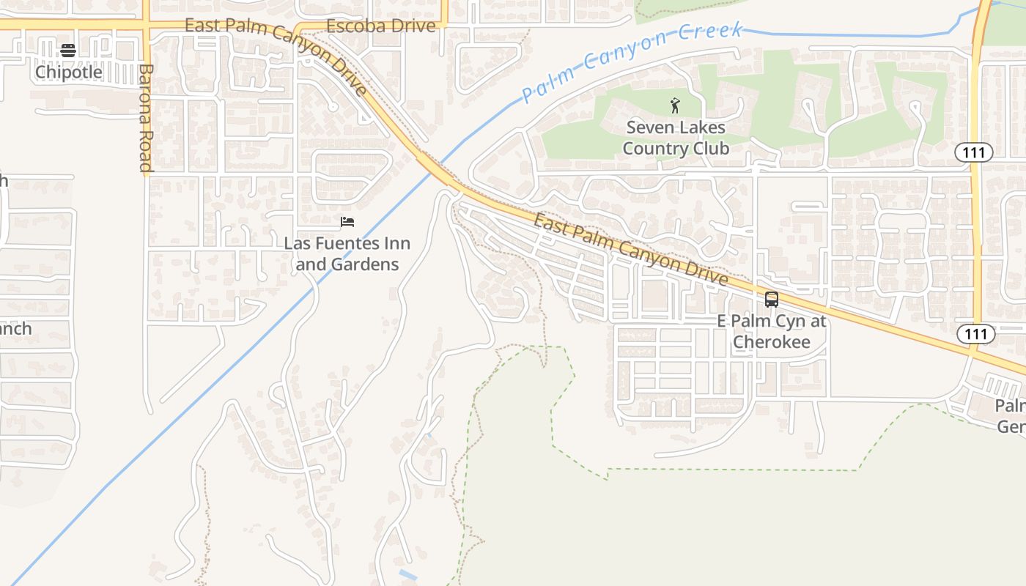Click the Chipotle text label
[68, 72]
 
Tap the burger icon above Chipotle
[68, 51]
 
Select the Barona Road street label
[145, 119]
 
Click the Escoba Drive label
[380, 26]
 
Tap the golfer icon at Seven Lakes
[675, 106]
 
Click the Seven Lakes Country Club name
[675, 138]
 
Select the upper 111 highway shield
[973, 152]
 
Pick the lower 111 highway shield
[975, 334]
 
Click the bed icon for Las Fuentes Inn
[347, 222]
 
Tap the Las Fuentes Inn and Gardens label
[347, 253]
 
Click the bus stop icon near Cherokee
[771, 299]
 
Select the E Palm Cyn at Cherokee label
[771, 331]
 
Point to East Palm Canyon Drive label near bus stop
[630, 249]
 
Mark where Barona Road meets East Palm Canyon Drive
[146, 25]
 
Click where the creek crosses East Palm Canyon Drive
[435, 170]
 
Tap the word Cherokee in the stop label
[771, 342]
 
